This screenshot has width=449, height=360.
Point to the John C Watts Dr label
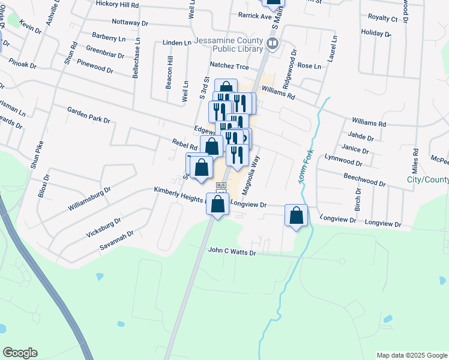pos(232,253)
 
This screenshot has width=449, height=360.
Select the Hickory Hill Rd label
pos(117,4)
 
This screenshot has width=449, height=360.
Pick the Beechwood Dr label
pos(364,178)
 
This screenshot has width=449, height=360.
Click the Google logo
pos(20,353)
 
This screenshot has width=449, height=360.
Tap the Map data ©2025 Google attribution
pos(411,355)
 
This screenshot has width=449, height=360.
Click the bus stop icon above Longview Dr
pos(220,185)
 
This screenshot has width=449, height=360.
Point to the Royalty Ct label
pos(382,19)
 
